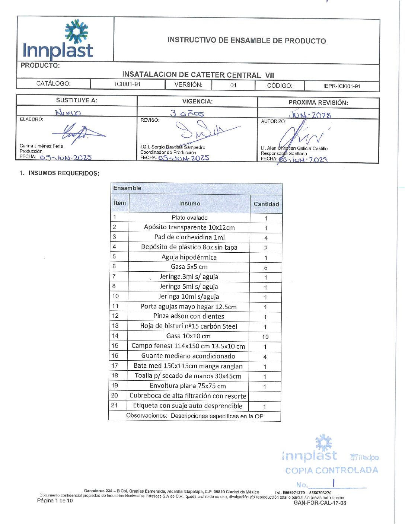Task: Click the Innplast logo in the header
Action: [58, 40]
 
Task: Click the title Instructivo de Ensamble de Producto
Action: [246, 41]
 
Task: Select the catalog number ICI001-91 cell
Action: [128, 84]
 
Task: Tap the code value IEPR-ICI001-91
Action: [341, 86]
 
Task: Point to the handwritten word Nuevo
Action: [68, 112]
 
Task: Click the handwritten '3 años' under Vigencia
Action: [187, 113]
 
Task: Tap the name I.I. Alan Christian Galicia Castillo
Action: [294, 148]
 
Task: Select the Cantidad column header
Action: [266, 204]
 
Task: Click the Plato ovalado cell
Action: [189, 218]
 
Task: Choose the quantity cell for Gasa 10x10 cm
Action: [265, 337]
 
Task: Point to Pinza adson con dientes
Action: [189, 316]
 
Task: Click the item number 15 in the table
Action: [115, 346]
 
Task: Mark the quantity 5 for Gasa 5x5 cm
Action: [266, 268]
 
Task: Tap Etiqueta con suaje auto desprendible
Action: [188, 406]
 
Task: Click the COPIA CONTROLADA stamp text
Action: [331, 470]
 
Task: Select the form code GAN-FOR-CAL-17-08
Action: [320, 503]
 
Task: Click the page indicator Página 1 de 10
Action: [55, 501]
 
